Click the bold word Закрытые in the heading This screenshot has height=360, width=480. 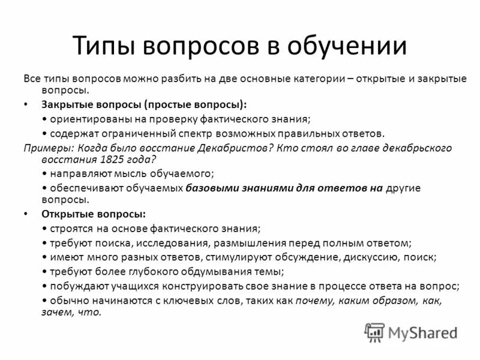pyautogui.click(x=67, y=104)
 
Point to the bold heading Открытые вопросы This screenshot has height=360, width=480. pyautogui.click(x=92, y=214)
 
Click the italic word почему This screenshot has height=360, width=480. pyautogui.click(x=311, y=300)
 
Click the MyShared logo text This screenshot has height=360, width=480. pyautogui.click(x=423, y=332)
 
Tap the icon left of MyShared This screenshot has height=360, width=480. pyautogui.click(x=374, y=332)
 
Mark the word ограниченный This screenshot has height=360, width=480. pyautogui.click(x=137, y=134)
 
